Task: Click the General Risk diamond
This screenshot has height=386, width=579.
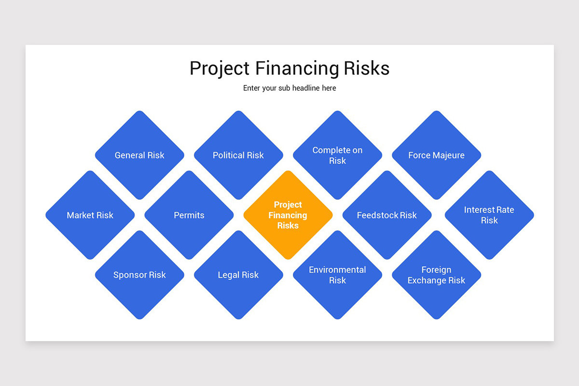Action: point(139,155)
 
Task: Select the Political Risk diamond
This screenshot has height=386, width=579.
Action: point(238,155)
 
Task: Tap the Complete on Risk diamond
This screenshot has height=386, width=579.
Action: point(337,155)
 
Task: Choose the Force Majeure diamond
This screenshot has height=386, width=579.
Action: point(436,155)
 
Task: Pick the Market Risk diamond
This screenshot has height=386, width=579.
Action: point(90,215)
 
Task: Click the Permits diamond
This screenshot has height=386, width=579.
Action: point(189,215)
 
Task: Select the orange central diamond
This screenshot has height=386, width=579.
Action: point(288,215)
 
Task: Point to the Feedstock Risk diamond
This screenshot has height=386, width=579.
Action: point(387,215)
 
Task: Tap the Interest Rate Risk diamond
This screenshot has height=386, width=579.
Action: point(489,215)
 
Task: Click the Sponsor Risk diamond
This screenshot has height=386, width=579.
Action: point(139,275)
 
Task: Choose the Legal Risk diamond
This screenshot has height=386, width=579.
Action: point(238,275)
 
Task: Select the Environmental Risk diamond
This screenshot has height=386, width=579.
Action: point(337,275)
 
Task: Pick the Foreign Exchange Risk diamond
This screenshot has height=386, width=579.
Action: point(436,275)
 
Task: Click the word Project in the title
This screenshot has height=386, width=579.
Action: point(220,69)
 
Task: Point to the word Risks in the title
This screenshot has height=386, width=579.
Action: point(367,68)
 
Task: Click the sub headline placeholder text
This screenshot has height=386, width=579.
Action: point(289,88)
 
